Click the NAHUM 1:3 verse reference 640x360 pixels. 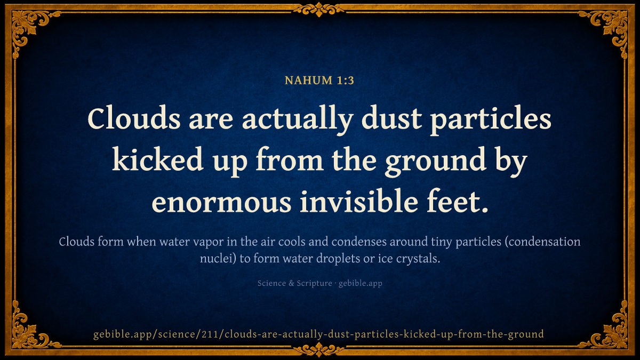pos(319,81)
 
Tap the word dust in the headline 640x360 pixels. pos(391,118)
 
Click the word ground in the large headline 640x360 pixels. pos(436,162)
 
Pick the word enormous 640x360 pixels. pos(222,203)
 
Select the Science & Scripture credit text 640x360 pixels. pos(294,283)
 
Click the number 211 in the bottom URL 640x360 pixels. pos(211,334)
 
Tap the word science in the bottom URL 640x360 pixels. pos(177,334)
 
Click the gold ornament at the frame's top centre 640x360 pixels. pos(319,10)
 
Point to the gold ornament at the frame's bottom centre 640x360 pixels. pos(319,350)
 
